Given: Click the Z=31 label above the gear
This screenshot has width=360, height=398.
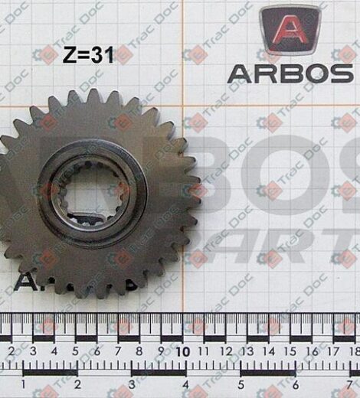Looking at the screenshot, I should point(89,55).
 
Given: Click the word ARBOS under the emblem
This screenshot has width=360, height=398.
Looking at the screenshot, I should point(290,73).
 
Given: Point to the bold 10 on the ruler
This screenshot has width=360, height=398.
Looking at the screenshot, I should point(182,351).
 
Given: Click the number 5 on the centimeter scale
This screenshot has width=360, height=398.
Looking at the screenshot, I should point(74,351).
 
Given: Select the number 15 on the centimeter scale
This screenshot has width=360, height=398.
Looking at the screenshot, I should point(290,351).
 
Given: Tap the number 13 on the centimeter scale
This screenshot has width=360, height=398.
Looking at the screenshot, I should point(247,351).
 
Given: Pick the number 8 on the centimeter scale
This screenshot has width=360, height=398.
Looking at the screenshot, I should point(139,351).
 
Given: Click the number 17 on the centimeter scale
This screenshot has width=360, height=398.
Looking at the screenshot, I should point(332,351).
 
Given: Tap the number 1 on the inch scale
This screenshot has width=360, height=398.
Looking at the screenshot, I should point(25,383).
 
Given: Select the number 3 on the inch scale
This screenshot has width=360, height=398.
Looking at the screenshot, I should point(133,383).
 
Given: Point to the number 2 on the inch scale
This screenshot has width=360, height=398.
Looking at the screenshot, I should point(79,383).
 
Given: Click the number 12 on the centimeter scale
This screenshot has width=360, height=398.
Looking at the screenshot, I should point(225,351).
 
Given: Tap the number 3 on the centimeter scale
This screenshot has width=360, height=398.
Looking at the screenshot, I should point(31,351).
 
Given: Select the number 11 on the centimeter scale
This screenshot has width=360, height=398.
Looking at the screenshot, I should point(204,351).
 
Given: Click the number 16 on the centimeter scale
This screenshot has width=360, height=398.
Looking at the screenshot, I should point(311,351).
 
